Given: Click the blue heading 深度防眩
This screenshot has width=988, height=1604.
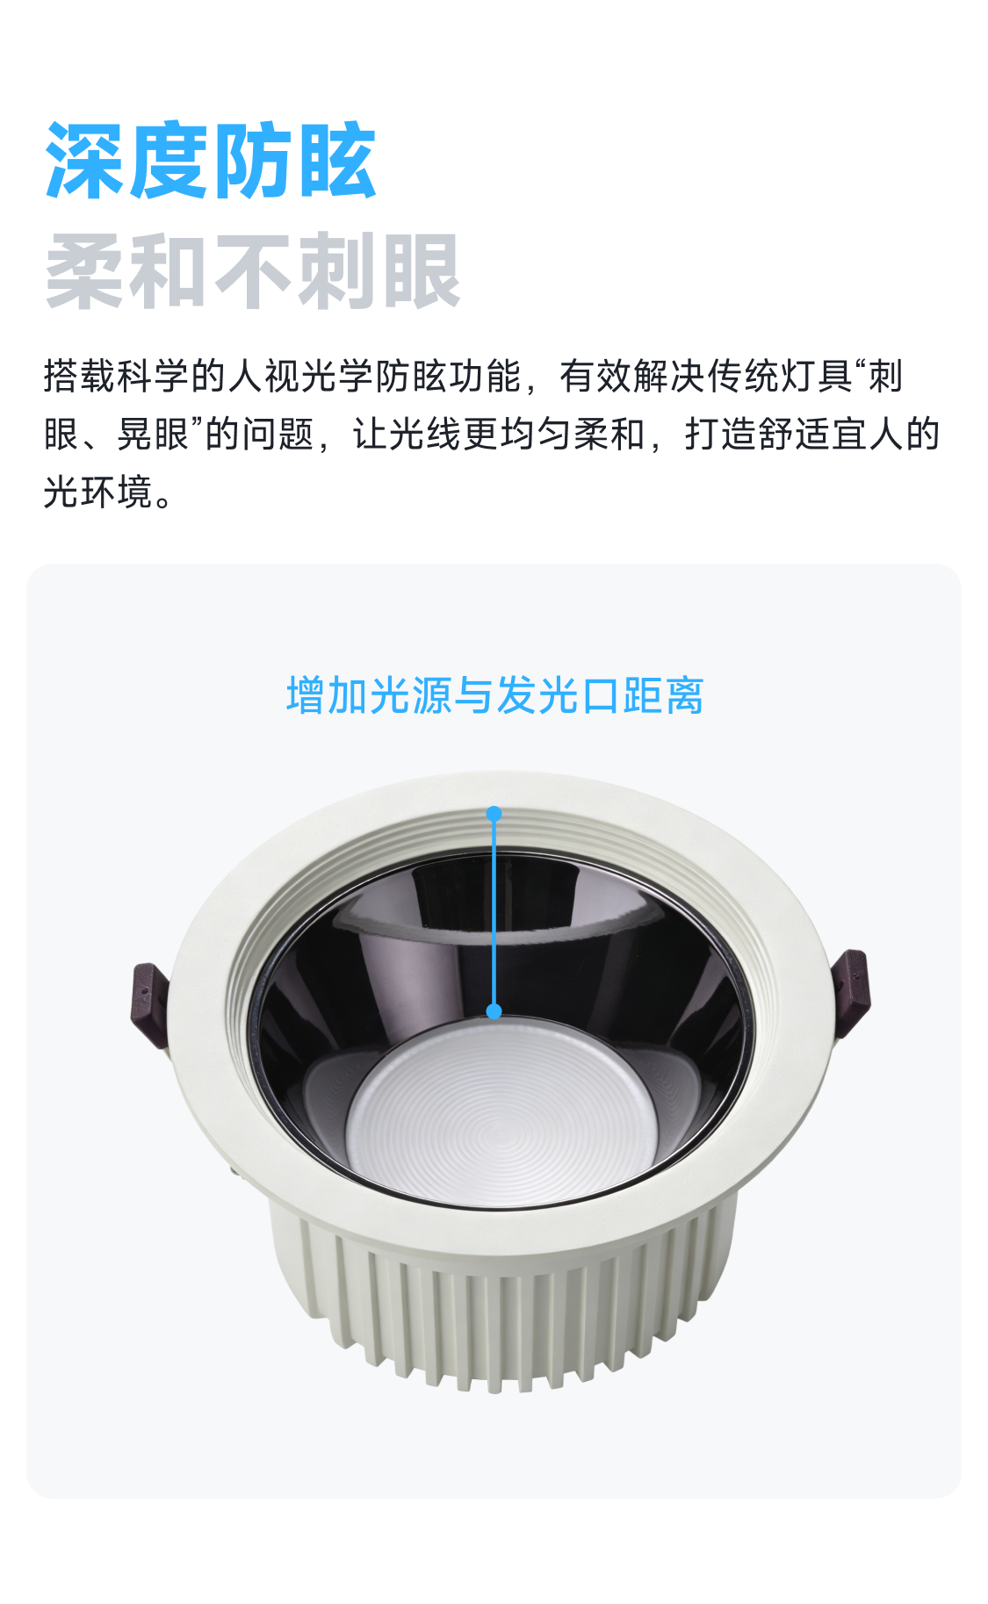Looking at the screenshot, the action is [211, 161].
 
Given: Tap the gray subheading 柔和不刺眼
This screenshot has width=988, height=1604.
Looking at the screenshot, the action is [253, 271].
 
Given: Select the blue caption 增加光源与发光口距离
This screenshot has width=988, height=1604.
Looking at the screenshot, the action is [494, 695].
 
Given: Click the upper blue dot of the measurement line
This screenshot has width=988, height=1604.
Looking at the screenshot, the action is [494, 814].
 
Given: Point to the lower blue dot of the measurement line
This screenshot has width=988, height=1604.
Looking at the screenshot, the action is [494, 1011].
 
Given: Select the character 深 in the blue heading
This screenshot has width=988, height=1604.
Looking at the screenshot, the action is [85, 161].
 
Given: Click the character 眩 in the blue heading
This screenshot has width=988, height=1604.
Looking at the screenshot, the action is [337, 161].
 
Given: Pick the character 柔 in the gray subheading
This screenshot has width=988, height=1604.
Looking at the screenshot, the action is [85, 271].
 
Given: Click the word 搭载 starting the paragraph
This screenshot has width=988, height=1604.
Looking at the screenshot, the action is [80, 376].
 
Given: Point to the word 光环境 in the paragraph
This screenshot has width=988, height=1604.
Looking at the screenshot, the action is [98, 492].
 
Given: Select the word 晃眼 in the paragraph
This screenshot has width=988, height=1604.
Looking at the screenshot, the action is [154, 434].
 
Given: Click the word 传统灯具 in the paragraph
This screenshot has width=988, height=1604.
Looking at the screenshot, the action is [779, 376].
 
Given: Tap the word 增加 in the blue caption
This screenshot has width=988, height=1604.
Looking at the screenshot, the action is [327, 695].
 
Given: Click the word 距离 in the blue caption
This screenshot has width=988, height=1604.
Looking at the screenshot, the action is [663, 695].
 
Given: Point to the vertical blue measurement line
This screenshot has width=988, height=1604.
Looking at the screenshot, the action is [494, 913].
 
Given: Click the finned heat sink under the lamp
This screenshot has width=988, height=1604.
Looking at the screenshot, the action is [501, 1291].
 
